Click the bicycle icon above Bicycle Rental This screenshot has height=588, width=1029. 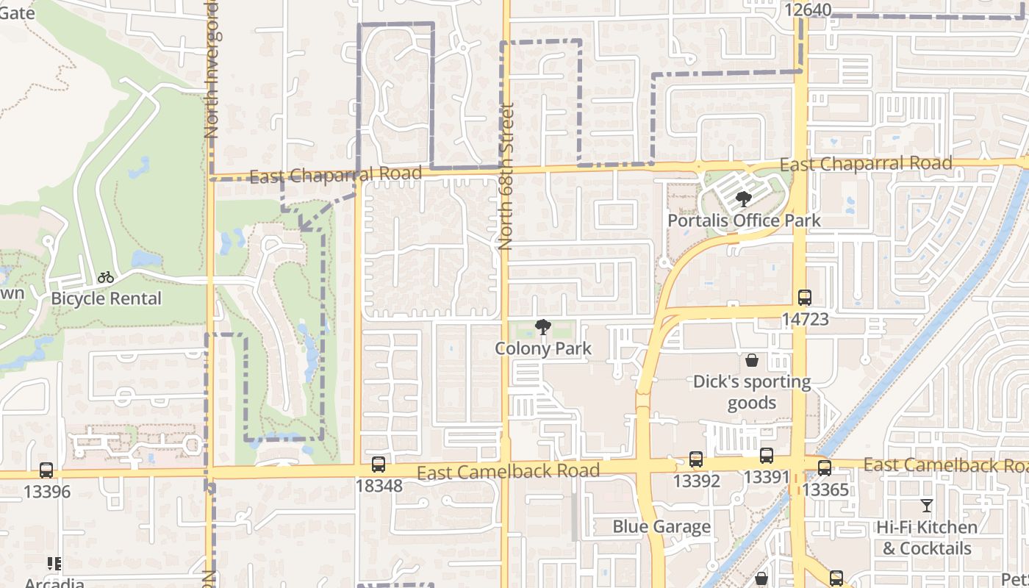click(x=106, y=278)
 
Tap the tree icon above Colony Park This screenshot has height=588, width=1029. click(x=543, y=326)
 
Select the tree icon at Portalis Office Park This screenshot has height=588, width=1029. click(x=744, y=198)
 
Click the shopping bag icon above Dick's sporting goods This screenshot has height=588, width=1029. click(x=752, y=360)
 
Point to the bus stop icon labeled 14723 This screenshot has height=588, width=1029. click(x=805, y=298)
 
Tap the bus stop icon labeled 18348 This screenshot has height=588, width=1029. click(x=379, y=465)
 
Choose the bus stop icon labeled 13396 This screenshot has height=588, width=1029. click(x=46, y=470)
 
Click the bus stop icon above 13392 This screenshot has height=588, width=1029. click(x=696, y=459)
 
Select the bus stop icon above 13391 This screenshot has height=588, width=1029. click(x=767, y=456)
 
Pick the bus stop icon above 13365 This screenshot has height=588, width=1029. click(x=825, y=468)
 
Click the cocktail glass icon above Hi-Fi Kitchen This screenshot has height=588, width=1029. click(x=927, y=506)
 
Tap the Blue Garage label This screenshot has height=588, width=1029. click(x=661, y=527)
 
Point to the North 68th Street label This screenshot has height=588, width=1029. click(x=506, y=176)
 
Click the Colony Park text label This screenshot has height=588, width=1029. click(x=543, y=348)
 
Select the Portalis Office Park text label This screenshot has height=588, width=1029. click(x=744, y=220)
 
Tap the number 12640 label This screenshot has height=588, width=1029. click(x=808, y=10)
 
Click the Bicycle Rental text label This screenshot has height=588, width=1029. click(x=106, y=298)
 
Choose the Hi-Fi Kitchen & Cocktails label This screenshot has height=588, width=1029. click(x=927, y=538)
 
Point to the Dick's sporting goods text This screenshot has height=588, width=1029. click(x=752, y=392)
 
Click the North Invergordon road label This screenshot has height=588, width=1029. click(x=212, y=70)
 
